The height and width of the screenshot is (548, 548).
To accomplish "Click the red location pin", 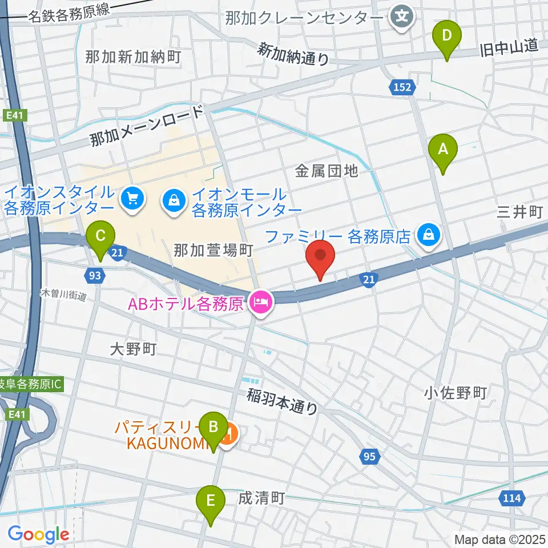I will pos(320,260).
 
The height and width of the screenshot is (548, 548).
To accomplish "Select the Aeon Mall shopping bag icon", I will pos(173,199).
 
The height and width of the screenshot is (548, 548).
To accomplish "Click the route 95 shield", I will pos(369,456).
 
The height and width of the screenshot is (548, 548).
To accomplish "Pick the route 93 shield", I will pos(96,276).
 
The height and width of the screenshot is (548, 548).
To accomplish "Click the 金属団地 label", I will pos(326,170).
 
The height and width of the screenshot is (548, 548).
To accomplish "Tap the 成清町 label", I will pos(261,498).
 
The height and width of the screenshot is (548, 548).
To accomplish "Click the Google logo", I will pos(38,534).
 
